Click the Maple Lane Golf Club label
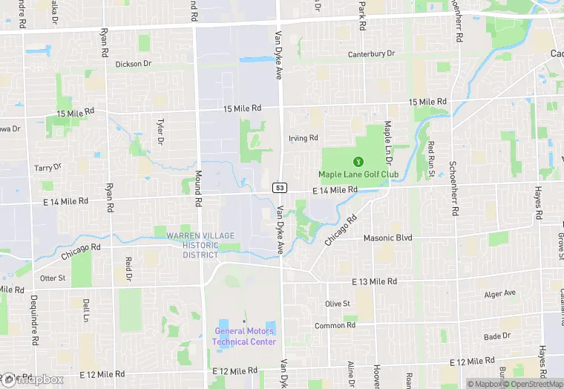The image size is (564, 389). click(358, 174)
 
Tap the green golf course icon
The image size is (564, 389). click(358, 160)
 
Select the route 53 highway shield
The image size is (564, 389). click(279, 188)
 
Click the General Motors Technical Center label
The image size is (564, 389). click(244, 336)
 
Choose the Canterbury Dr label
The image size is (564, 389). click(372, 54)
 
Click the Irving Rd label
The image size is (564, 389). click(303, 138)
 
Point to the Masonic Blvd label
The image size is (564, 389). click(387, 238)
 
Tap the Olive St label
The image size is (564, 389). click(337, 304)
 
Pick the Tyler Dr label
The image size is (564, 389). click(160, 131)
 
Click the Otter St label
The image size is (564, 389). click(53, 278)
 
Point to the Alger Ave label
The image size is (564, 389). click(499, 293)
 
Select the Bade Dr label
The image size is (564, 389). click(497, 336)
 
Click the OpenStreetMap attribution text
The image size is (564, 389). click(533, 384)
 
